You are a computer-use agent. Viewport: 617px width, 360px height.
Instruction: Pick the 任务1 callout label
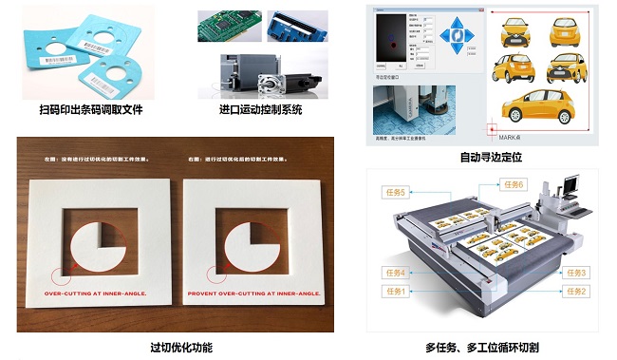396,291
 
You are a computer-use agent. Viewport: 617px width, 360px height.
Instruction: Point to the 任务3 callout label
575,273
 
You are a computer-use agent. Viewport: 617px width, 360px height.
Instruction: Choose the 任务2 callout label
575,291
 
